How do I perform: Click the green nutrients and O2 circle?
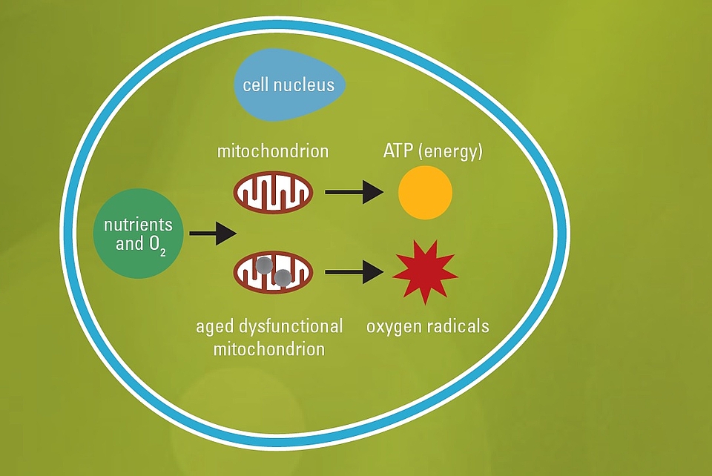pyautogui.click(x=138, y=234)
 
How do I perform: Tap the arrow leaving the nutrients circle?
pyautogui.click(x=212, y=234)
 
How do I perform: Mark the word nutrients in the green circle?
pyautogui.click(x=138, y=224)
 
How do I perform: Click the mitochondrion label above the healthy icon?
pyautogui.click(x=273, y=152)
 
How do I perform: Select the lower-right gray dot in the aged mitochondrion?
pyautogui.click(x=283, y=278)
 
